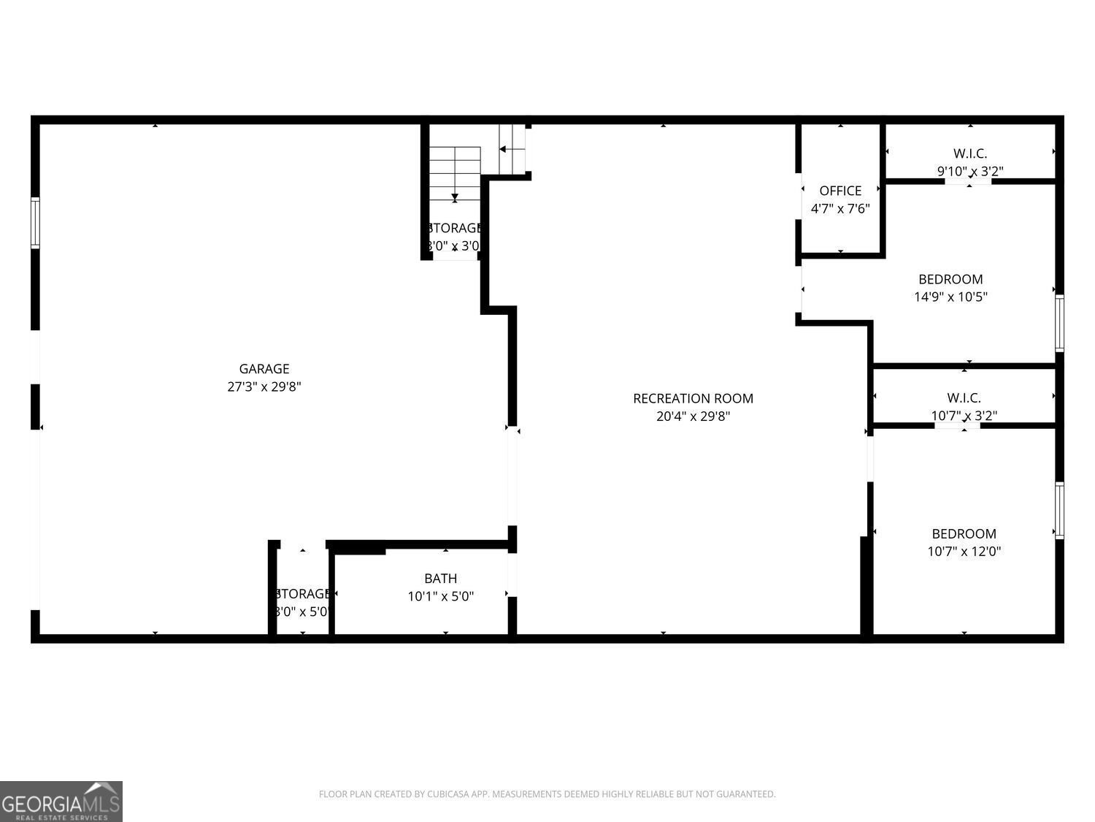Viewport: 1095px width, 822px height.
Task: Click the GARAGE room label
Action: (264, 369)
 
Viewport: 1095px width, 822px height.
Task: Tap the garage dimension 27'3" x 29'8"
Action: (264, 387)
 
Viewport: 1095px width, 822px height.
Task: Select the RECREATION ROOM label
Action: (693, 398)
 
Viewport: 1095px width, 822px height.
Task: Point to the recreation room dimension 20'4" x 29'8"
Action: (693, 416)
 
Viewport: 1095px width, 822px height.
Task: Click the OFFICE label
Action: (840, 191)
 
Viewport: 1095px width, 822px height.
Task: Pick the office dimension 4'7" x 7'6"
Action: (840, 209)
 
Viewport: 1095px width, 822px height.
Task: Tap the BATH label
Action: (440, 579)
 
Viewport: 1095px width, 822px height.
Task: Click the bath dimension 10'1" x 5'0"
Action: (440, 596)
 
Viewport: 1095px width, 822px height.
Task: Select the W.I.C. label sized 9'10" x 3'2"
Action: (970, 153)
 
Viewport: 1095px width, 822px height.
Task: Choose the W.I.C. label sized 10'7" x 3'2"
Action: (964, 397)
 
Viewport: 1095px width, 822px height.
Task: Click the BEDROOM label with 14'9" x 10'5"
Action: (950, 279)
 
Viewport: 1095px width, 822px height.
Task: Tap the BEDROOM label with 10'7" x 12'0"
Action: (964, 534)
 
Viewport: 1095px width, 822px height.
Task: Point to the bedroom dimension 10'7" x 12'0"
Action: (964, 552)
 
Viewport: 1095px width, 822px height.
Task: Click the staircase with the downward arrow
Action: (454, 174)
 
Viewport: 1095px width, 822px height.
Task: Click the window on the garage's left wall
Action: (35, 223)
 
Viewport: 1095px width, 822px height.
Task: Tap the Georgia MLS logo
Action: (61, 802)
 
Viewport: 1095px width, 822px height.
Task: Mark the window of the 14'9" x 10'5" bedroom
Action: (1059, 323)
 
